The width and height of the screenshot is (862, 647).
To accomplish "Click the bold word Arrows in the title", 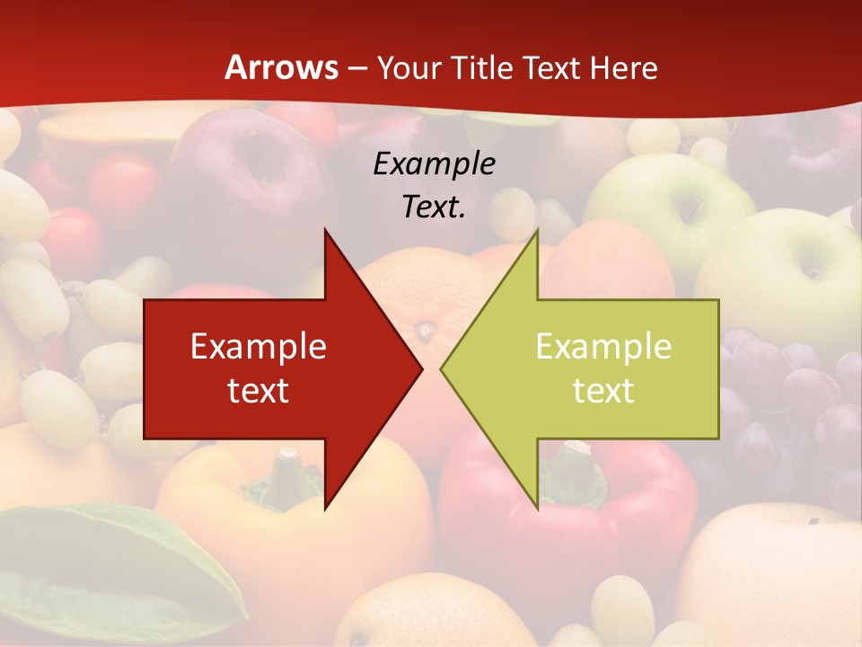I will [x=281, y=67].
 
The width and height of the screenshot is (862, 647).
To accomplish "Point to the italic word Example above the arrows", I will [x=434, y=164].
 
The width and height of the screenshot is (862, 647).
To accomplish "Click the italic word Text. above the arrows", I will [x=434, y=207].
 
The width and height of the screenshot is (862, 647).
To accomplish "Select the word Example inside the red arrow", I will [x=259, y=347].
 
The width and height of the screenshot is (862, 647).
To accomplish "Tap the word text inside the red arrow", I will [x=259, y=390].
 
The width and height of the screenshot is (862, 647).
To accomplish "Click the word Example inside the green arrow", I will [x=603, y=347].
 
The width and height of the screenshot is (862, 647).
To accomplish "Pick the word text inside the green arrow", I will [x=603, y=390].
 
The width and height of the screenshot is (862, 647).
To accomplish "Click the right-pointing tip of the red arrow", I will [x=420, y=368].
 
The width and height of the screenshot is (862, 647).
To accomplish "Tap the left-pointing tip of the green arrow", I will [x=442, y=368].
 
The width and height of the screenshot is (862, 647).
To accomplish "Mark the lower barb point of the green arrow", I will [x=537, y=508].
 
